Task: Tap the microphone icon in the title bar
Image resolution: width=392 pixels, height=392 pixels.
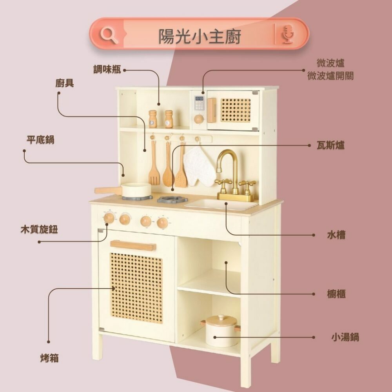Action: coord(289,34)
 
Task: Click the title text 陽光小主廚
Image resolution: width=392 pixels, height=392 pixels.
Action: coord(200,36)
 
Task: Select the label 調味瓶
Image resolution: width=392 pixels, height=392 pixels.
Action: coord(107,69)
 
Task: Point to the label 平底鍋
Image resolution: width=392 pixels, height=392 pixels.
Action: coord(40,140)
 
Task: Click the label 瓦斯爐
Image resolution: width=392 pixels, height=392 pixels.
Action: coord(330,145)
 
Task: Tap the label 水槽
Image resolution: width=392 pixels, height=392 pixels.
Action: coord(336,235)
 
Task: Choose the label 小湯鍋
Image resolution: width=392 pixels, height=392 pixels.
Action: coord(345,337)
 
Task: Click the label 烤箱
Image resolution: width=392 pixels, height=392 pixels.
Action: coord(49,358)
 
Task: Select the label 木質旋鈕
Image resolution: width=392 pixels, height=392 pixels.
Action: coord(39,230)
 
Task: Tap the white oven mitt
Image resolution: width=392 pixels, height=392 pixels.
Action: coord(199,167)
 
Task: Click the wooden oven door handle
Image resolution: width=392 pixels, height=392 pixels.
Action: coord(133,246)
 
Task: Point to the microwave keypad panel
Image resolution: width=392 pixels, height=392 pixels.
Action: coord(199,105)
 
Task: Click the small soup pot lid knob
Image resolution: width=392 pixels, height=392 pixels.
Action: coord(221,317)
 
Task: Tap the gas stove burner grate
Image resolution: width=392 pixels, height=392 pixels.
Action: coord(172,199)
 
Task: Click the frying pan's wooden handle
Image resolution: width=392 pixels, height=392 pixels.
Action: coord(108,191)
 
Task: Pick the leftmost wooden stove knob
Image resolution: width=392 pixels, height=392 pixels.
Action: coord(109,218)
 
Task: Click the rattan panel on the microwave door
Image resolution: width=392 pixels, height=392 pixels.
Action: coord(235,110)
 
